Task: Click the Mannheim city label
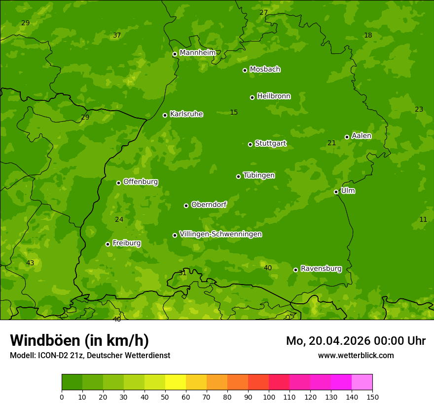[197, 52]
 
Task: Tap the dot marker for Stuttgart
[250, 144]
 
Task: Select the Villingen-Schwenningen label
[220, 234]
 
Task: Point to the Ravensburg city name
[321, 269]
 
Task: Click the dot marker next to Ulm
[336, 192]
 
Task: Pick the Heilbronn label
[274, 96]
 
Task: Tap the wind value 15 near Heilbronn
[234, 113]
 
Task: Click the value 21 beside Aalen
[331, 143]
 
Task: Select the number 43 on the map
[30, 263]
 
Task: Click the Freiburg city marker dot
[108, 244]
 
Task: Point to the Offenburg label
[141, 182]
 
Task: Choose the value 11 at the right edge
[423, 220]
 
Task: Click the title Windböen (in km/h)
[79, 340]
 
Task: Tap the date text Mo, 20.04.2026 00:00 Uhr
[356, 341]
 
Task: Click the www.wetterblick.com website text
[356, 356]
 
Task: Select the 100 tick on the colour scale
[269, 397]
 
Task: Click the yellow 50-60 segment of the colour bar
[176, 382]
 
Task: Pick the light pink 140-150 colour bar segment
[362, 382]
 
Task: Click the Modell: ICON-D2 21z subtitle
[90, 356]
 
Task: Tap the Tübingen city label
[258, 175]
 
